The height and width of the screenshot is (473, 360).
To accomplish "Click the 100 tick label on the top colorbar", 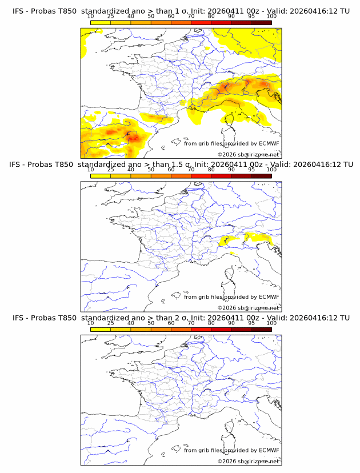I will coord(271,16).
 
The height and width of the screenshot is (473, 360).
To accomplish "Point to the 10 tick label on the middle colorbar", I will coord(90,170).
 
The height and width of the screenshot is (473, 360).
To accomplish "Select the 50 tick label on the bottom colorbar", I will coord(151,323).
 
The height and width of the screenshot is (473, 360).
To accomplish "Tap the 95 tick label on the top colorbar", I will coord(251,16).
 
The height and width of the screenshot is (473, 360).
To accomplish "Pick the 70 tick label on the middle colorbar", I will coord(191,170).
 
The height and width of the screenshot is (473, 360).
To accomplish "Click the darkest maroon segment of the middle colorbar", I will coord(261,175).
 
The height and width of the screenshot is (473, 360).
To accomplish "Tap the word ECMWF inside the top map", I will coord(269,143).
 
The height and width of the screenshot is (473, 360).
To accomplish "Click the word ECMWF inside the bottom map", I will coord(269,450).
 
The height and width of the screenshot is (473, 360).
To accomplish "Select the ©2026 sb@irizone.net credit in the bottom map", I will coord(249,461).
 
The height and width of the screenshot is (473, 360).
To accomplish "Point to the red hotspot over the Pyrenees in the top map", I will coord(133,138).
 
